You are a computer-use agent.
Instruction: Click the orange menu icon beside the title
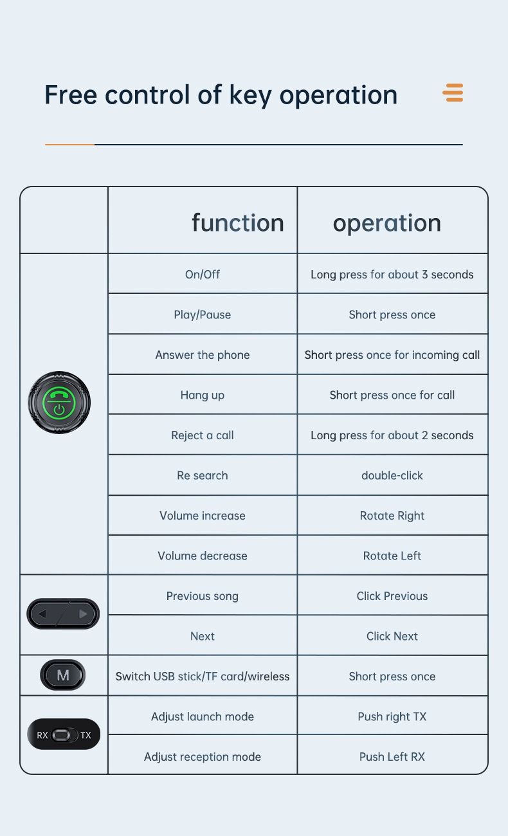[x=453, y=93]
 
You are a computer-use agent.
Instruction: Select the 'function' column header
[x=237, y=223]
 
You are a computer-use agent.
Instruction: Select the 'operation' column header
[x=387, y=223]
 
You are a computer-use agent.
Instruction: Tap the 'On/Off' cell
[x=203, y=275]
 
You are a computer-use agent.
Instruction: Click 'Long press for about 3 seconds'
[x=392, y=275]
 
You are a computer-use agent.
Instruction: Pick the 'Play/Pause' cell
[x=203, y=314]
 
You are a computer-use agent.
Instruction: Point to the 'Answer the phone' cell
[x=203, y=355]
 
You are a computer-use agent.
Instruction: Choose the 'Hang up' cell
[x=203, y=395]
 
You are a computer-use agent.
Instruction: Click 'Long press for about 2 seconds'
[x=392, y=435]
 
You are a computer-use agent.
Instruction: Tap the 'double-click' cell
[x=392, y=475]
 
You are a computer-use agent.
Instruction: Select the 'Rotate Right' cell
[x=392, y=516]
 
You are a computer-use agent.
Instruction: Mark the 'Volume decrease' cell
[x=203, y=556]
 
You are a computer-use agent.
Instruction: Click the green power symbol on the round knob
[x=59, y=409]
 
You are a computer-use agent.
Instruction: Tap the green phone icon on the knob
[x=59, y=395]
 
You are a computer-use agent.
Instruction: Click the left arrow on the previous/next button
[x=42, y=614]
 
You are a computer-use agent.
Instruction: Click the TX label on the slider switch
[x=86, y=735]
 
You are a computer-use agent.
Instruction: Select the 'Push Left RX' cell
[x=392, y=757]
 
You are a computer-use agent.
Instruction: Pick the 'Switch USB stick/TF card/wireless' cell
[x=203, y=677]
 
